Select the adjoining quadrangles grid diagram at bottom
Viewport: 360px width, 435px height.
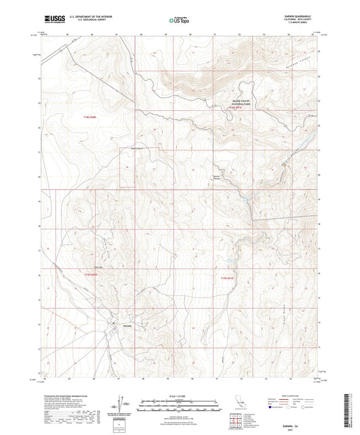[x=236, y=419]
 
